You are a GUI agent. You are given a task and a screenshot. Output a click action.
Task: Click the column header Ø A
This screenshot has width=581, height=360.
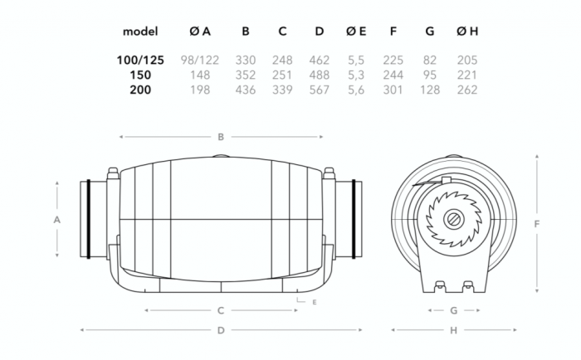pos(199,32)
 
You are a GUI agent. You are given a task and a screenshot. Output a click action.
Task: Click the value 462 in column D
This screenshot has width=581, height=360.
pos(319,61)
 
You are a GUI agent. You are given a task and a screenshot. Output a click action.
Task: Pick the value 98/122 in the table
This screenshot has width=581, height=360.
pos(199,61)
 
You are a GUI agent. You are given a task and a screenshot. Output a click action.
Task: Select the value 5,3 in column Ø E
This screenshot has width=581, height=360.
pos(355,75)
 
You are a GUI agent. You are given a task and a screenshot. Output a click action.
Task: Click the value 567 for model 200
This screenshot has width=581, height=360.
pos(319,90)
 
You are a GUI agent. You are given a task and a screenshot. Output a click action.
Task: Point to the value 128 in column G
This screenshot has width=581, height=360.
pos(429,90)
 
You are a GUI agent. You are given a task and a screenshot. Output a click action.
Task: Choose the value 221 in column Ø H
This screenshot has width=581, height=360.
pos(467,75)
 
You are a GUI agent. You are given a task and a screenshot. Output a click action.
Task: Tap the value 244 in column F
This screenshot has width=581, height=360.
pos(393,75)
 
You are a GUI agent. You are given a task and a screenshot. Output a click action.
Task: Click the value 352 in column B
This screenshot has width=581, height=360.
pos(246,75)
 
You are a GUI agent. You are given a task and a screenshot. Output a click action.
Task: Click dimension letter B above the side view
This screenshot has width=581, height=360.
pos(222,137)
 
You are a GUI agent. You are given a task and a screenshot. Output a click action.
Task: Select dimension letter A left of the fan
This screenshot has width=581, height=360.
pos(56,220)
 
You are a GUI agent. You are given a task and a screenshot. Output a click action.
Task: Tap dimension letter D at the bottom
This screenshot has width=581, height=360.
pos(222,330)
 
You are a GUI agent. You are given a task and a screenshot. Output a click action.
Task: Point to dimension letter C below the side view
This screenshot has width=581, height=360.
pos(222,311)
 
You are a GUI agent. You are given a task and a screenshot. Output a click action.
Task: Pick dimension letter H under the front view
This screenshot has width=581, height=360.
pos(453,330)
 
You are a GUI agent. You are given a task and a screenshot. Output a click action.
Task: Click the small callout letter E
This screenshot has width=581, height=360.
pos(315,302)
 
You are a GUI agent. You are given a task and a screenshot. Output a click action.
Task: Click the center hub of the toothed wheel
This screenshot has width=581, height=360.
pos(455,220)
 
